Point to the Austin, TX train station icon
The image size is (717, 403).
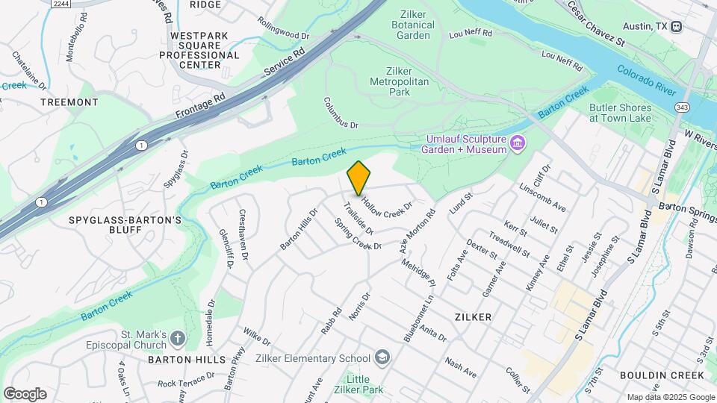(676, 26)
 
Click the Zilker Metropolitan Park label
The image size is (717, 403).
(400, 81)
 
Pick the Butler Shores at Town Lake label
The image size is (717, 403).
(620, 113)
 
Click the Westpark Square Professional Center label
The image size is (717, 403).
(205, 50)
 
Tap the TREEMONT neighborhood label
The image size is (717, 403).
(69, 101)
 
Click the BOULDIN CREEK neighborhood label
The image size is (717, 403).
(661, 375)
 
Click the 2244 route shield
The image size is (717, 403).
(61, 4)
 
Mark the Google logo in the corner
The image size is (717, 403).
(25, 393)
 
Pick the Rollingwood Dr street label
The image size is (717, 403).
(284, 35)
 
